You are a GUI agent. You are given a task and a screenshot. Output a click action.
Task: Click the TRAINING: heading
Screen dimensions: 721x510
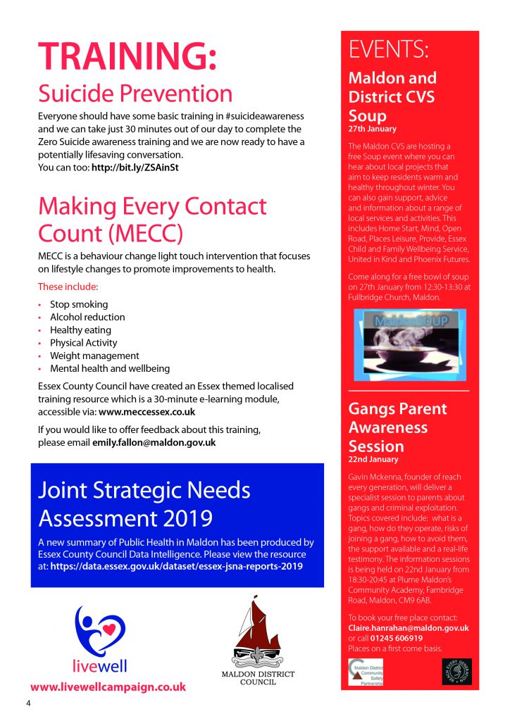click(127, 56)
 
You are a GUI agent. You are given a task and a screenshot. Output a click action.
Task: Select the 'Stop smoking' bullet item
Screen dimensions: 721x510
click(79, 304)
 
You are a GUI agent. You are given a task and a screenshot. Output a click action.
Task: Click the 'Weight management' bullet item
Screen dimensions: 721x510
click(94, 356)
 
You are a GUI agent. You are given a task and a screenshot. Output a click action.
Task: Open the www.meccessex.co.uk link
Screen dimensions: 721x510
click(147, 412)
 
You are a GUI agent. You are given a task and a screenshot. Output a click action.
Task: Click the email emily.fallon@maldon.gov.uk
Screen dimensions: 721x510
click(154, 443)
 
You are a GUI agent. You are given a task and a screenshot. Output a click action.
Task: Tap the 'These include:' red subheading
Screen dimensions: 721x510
click(68, 287)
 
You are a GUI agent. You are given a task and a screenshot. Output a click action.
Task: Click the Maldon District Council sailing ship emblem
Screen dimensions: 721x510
click(258, 631)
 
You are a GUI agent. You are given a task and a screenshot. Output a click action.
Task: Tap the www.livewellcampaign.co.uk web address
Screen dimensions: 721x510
click(108, 686)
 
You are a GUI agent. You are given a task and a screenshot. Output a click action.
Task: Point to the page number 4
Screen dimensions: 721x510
click(29, 704)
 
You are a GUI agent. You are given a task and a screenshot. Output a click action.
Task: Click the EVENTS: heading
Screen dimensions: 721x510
click(389, 49)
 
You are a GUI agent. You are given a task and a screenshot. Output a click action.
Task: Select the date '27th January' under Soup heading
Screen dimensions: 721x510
click(372, 130)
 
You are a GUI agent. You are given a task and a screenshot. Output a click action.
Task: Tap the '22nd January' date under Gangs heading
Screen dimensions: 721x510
click(373, 460)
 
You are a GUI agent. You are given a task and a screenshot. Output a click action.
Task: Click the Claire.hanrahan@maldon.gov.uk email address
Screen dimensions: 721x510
click(409, 628)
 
